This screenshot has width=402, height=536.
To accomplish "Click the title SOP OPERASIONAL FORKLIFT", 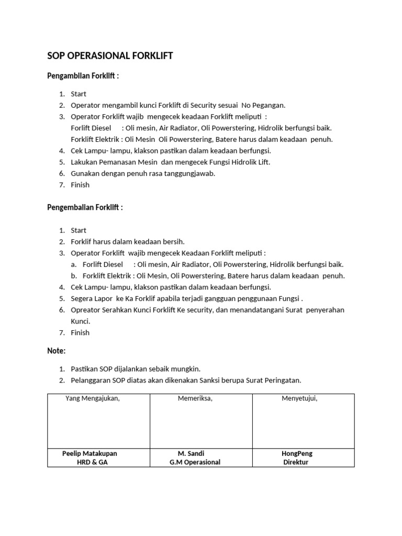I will tap(110, 55).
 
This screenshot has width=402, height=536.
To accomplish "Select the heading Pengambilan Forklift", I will tap(83, 76).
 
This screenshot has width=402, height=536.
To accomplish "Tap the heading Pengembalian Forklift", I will tap(85, 207).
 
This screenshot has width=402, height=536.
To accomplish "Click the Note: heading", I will tap(57, 350).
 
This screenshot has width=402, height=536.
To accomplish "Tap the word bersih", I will tap(175, 242).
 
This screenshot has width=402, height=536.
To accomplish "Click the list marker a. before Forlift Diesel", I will tap(74, 264).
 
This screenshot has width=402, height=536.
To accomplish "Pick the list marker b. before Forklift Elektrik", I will tap(74, 276).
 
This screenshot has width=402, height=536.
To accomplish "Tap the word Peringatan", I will tap(282, 380).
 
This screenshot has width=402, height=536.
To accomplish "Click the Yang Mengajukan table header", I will tap(93, 398).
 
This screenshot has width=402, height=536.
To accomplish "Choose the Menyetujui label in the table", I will tap(299, 398).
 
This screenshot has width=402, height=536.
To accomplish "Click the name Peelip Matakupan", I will tap(90, 453).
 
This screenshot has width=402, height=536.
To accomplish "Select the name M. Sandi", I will tap(191, 453).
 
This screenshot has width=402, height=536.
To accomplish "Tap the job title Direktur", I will tap(296, 462).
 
